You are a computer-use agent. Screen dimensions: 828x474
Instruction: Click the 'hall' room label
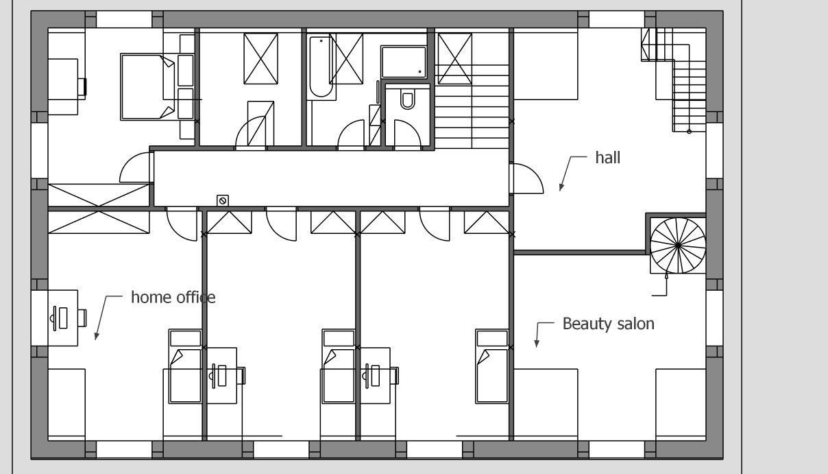click(x=608, y=158)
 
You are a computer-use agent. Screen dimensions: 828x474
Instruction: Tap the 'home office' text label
click(x=173, y=298)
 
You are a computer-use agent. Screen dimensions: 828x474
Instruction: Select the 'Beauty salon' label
click(x=609, y=324)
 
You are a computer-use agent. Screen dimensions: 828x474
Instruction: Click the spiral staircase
click(x=678, y=246)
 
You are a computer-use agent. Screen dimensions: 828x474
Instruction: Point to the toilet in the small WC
click(x=407, y=100)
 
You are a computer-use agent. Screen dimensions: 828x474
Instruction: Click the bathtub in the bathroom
click(x=321, y=67)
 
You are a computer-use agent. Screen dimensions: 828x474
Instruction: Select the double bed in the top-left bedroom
click(x=148, y=87)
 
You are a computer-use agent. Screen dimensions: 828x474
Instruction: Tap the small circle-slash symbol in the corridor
click(x=223, y=200)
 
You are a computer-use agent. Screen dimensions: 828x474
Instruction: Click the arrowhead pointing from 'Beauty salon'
click(x=537, y=344)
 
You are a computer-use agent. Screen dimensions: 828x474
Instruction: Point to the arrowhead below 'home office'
click(x=97, y=335)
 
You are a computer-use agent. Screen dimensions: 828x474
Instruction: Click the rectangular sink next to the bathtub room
click(x=404, y=62)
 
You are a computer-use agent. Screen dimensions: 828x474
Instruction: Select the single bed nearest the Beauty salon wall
click(x=492, y=366)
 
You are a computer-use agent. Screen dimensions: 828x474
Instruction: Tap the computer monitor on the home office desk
click(x=55, y=318)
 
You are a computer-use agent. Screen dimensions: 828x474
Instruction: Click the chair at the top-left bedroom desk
click(x=82, y=87)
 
